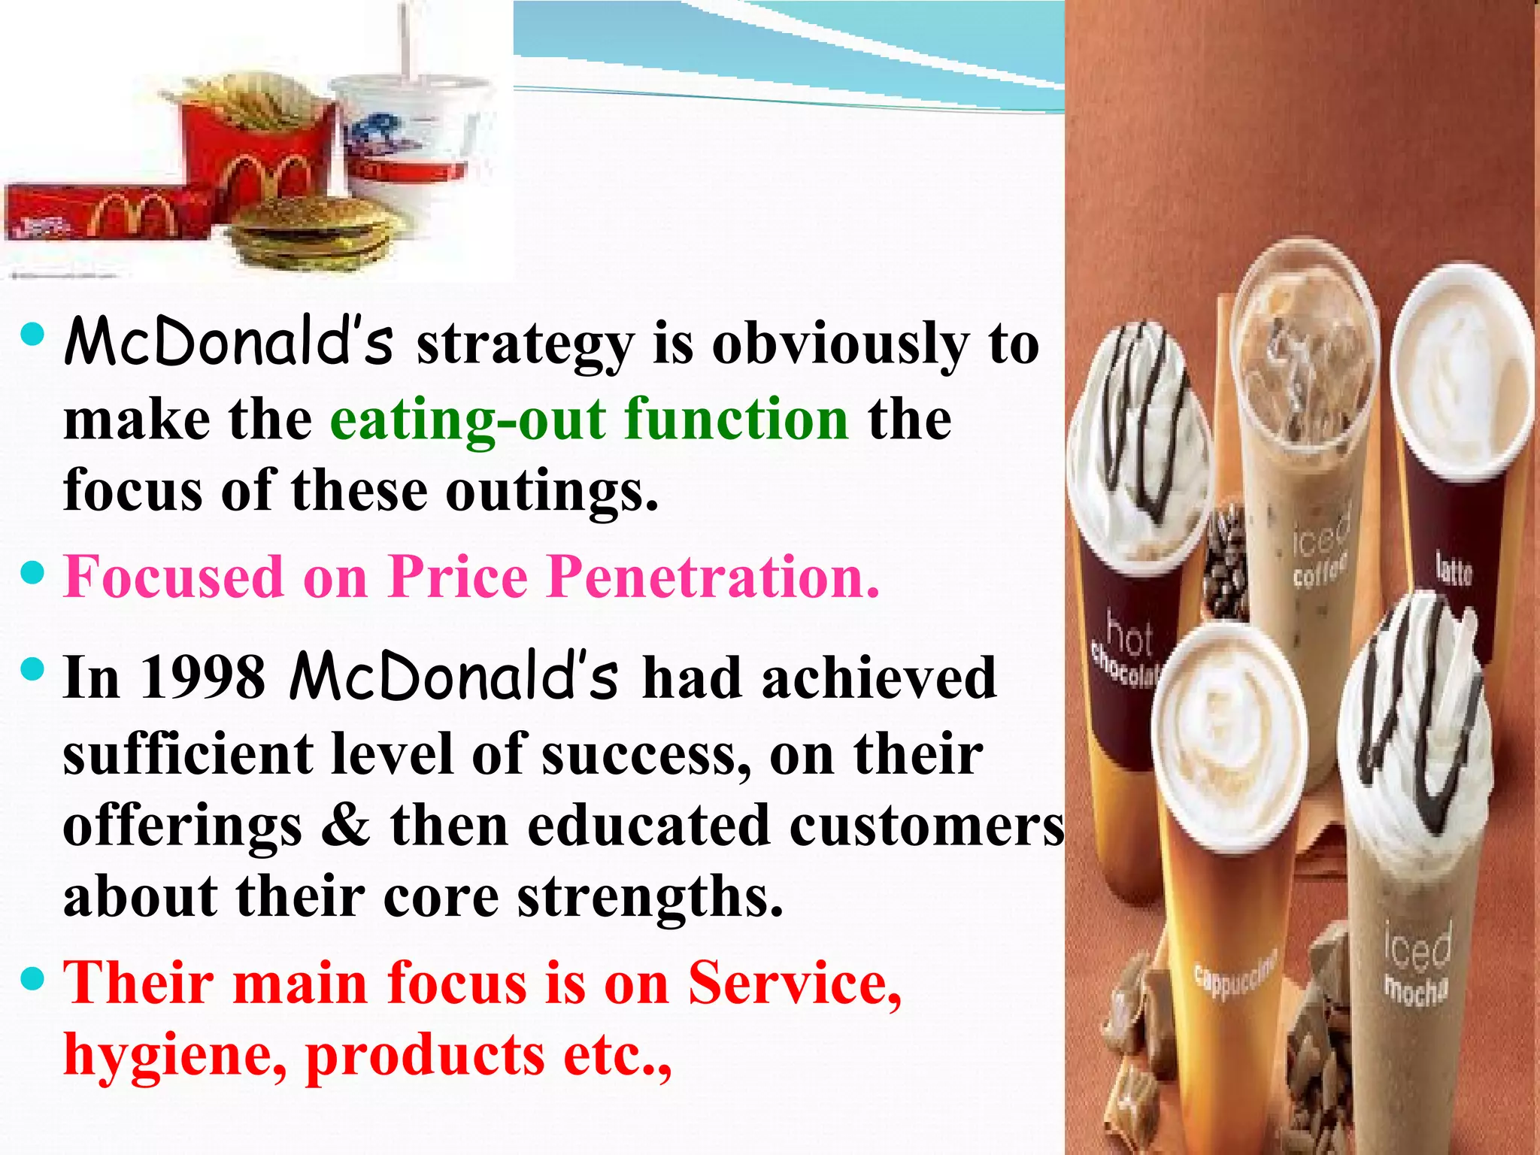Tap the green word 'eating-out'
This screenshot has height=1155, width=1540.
[x=467, y=420]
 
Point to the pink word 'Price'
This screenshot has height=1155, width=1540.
[x=459, y=577]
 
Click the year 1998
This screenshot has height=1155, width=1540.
[x=203, y=678]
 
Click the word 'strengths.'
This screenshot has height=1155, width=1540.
[x=650, y=896]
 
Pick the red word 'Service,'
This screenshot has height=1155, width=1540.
[x=795, y=982]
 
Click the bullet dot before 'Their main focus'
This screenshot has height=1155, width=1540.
[x=34, y=979]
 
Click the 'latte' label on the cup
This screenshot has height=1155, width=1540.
[x=1453, y=569]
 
